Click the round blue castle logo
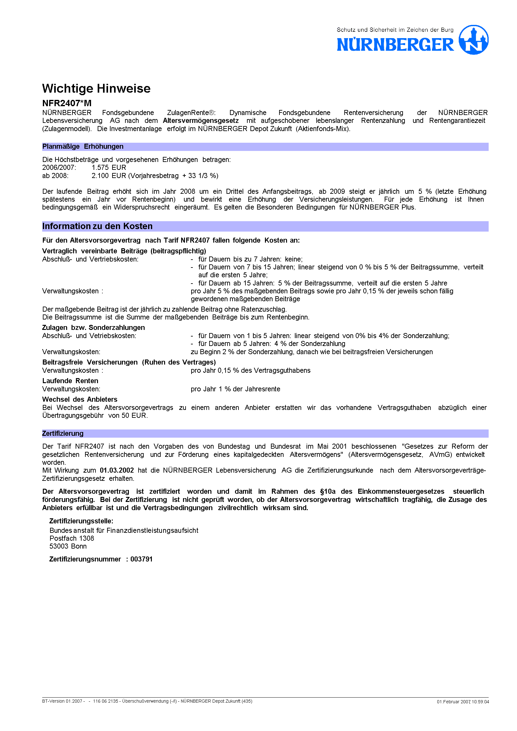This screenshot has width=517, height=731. pos(474,40)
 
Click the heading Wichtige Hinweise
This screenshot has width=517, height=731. pos(96,89)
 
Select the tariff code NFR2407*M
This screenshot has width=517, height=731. pos(67,103)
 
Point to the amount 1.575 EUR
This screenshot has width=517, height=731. pos(109,167)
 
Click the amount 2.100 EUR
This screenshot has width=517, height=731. pos(109,176)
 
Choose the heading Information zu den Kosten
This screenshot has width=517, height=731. pos(97,226)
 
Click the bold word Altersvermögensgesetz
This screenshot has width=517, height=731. pos(201,121)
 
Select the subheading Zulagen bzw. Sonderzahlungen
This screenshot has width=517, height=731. pos(93,328)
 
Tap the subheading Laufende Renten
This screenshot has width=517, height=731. pos(70,381)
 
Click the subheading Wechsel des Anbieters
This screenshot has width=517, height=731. pos(80,399)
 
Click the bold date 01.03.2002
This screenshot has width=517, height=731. pos(117,470)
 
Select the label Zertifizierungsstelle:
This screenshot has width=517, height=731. pos(81,521)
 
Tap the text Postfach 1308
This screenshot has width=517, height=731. pos(72,538)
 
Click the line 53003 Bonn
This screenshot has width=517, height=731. pos(68,546)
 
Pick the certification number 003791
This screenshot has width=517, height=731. pos(141,559)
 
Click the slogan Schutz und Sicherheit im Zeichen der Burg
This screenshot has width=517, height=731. pos(395,30)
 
